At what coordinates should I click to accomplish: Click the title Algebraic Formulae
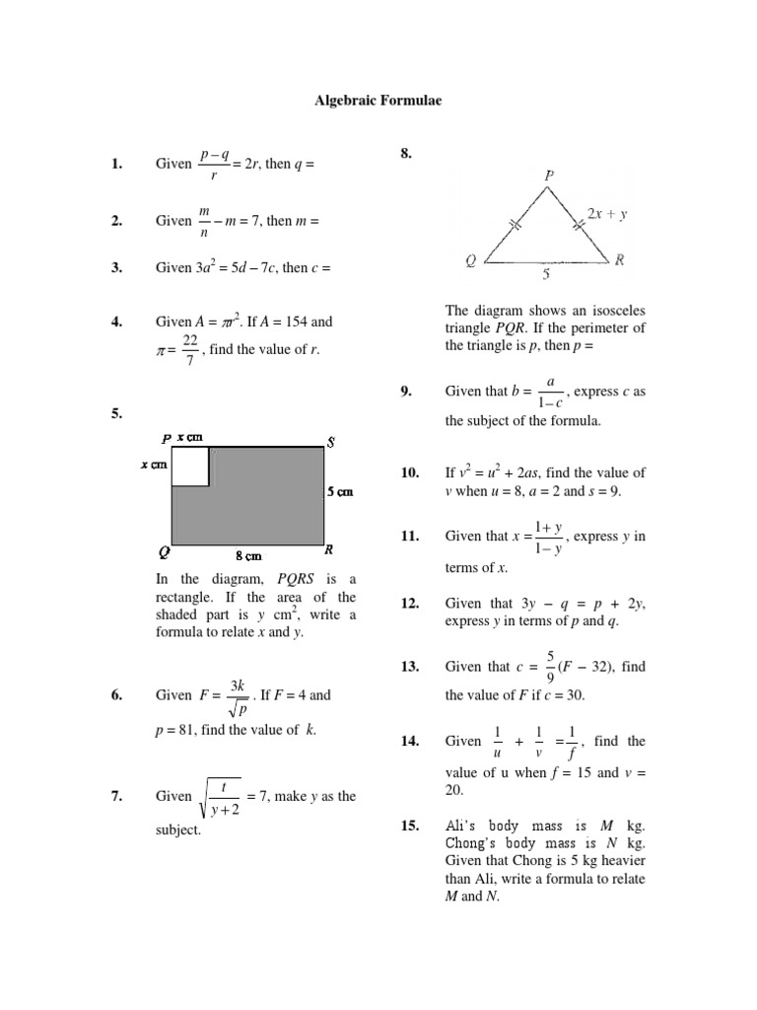pos(367,100)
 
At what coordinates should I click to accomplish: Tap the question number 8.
pos(406,154)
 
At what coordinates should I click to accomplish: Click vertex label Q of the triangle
pos(471,261)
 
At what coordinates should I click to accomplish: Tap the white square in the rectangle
pos(190,466)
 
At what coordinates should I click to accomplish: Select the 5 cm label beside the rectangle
pos(341,491)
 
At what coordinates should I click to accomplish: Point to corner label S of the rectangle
pos(331,442)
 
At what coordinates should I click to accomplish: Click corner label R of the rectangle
pos(329,550)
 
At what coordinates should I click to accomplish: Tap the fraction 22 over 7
pos(190,349)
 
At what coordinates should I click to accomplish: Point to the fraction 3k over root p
pos(238,695)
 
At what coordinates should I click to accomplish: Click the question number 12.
pos(410,603)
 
